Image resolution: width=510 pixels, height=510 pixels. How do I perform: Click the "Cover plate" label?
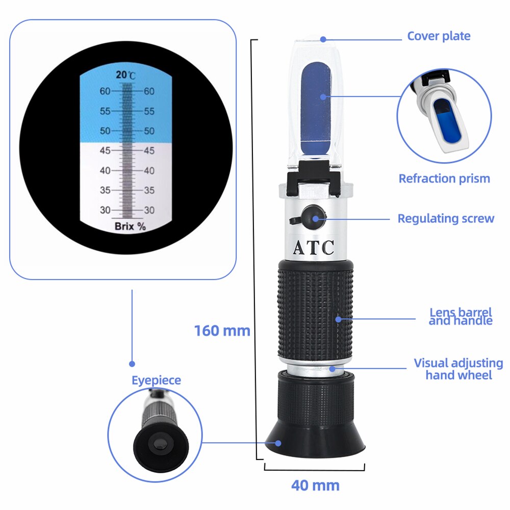click(438, 36)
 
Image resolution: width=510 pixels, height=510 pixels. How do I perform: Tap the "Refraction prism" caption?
click(444, 178)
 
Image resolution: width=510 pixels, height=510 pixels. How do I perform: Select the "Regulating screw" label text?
click(446, 219)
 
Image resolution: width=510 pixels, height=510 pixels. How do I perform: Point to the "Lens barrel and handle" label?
click(461, 316)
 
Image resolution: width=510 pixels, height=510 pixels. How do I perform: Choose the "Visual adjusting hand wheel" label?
click(458, 369)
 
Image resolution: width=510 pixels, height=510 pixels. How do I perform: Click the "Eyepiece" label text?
click(156, 380)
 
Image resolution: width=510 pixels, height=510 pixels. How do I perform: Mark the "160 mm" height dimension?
click(222, 330)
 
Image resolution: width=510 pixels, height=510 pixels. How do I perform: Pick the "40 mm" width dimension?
click(315, 484)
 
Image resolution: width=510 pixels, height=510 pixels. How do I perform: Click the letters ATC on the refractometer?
click(313, 247)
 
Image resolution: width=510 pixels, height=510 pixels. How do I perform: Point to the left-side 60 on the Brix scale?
click(106, 91)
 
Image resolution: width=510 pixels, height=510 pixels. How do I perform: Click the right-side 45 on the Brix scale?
click(149, 150)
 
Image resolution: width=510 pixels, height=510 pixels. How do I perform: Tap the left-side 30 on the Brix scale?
click(106, 210)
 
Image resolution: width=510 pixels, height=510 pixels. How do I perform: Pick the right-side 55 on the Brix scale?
click(149, 111)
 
